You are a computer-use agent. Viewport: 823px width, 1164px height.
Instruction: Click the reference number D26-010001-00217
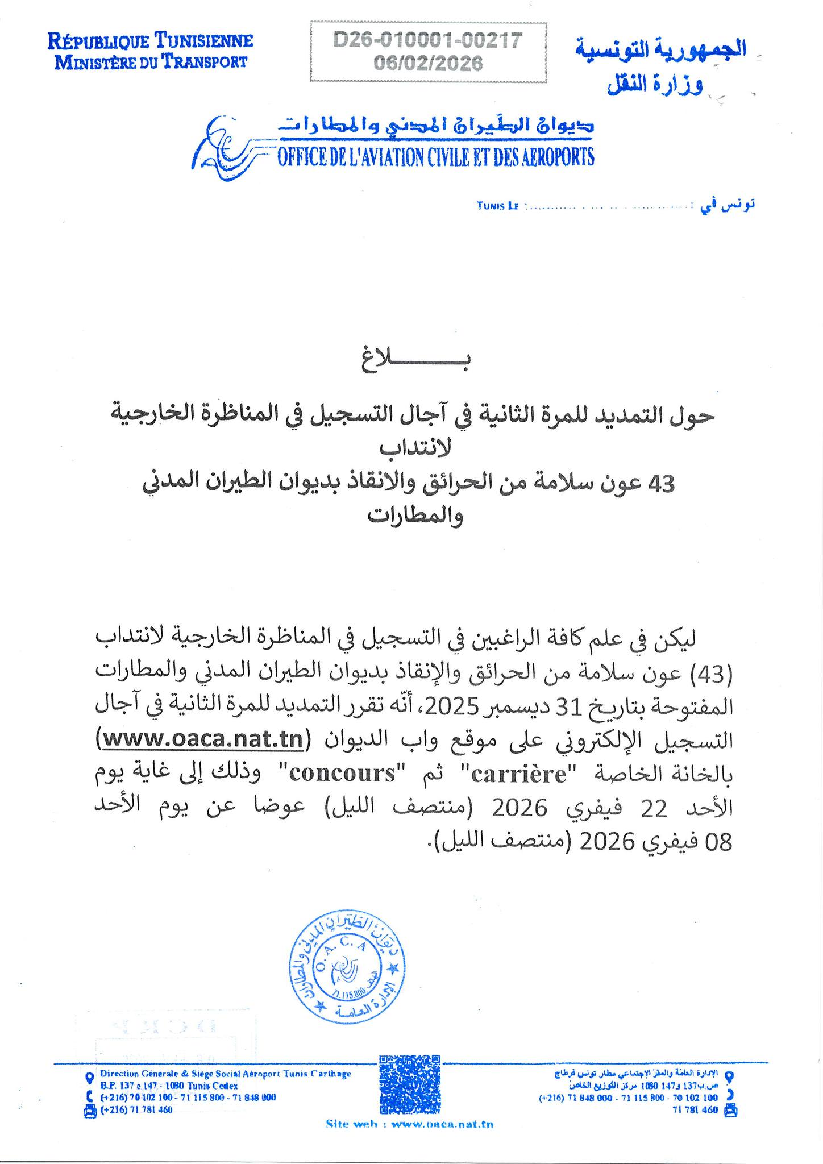tap(427, 41)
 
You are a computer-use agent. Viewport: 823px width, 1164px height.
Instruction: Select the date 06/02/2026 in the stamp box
tap(427, 63)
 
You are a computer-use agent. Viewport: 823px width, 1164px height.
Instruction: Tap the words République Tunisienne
tap(151, 41)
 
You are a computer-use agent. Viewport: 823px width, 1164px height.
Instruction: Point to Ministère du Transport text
tap(151, 61)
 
